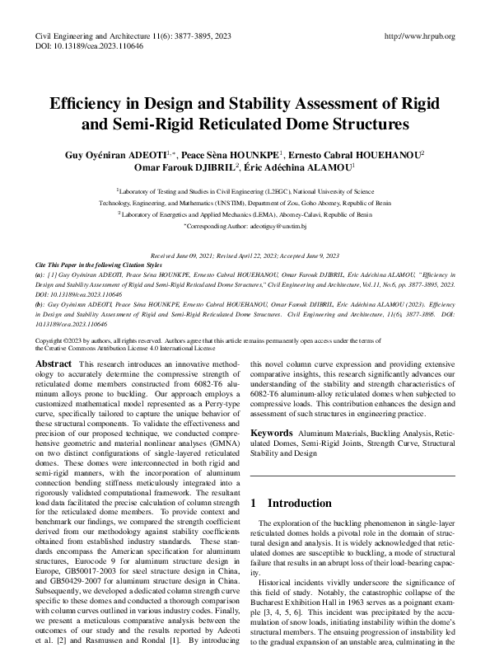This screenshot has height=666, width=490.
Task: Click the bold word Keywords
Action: [271, 432]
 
